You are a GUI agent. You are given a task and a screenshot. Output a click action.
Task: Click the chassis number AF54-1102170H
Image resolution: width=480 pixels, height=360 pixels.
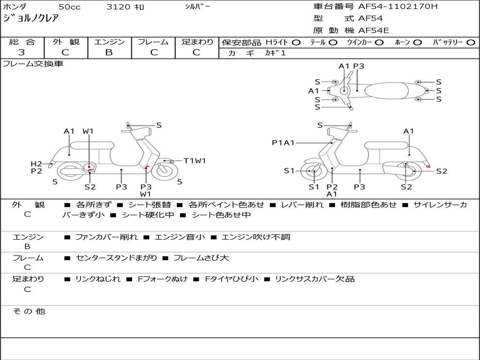click(398, 7)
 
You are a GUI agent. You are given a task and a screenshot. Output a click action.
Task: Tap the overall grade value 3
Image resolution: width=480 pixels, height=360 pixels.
click(22, 52)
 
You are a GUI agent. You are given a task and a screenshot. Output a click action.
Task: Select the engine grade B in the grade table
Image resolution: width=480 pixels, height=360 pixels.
click(109, 52)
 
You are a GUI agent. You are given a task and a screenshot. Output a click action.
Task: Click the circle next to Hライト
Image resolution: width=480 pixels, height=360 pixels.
click(296, 43)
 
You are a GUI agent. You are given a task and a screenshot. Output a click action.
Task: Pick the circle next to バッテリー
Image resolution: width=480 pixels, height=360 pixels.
click(471, 43)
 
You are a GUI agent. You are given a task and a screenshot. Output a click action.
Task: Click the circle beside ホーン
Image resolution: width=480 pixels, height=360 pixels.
click(417, 43)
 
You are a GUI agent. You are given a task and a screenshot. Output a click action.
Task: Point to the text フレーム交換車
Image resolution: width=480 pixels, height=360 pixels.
click(33, 64)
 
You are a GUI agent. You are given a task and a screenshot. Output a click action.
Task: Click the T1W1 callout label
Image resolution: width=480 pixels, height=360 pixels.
click(195, 161)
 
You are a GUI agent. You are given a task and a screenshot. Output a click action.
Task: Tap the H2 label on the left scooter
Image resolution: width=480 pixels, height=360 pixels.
click(37, 164)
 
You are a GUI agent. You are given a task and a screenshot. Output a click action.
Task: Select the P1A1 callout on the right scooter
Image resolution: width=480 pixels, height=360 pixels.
click(283, 142)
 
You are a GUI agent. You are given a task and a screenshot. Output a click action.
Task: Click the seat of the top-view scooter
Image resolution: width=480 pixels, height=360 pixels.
click(387, 90)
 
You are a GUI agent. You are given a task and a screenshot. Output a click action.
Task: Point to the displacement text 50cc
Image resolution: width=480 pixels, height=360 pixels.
click(69, 7)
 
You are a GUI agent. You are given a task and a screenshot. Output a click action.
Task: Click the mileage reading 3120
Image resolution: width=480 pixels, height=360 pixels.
click(118, 7)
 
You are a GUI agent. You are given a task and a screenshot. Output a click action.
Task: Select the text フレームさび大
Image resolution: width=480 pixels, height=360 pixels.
click(201, 258)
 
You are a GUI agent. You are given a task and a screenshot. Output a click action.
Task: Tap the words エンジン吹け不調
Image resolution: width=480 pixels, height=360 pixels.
click(255, 237)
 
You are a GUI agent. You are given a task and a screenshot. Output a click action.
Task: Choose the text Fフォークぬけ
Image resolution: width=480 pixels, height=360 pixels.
click(163, 279)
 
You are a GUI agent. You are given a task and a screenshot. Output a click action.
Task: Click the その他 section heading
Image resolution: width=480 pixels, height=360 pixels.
click(29, 311)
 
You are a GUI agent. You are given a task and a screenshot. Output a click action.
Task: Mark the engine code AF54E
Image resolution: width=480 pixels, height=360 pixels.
click(374, 30)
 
